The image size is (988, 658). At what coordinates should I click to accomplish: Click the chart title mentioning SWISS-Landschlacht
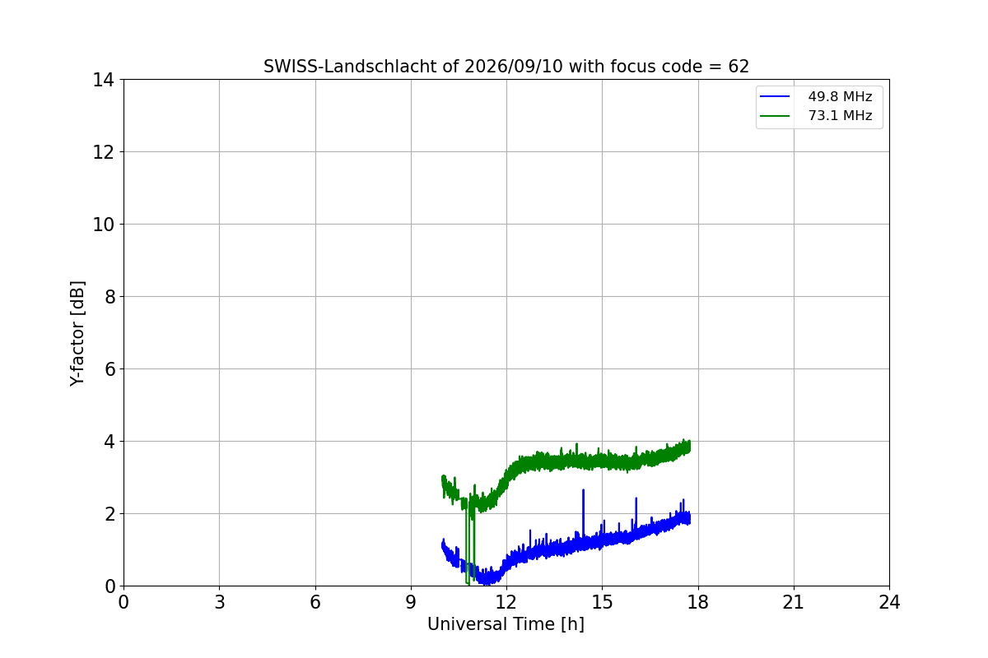coord(506,67)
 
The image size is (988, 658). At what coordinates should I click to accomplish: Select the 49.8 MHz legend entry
coord(816,96)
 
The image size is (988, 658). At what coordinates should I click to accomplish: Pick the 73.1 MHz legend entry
coord(816,115)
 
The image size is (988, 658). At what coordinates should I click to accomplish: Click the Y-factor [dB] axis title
coord(77,334)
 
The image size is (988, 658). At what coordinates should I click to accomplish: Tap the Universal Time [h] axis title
coord(506,624)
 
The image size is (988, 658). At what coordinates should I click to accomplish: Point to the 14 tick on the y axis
coord(103,81)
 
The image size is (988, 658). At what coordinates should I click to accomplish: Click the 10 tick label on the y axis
coord(103,225)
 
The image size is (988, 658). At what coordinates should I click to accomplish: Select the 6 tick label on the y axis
coord(110,369)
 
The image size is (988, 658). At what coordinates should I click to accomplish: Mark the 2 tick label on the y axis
coord(110,514)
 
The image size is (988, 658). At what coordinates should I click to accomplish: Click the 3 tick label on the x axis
coord(220,602)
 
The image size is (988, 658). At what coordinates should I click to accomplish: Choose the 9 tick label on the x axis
coord(411,602)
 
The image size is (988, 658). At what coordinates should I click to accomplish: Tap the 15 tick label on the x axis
coord(602,602)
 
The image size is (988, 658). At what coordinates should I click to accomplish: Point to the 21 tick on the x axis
coord(794,602)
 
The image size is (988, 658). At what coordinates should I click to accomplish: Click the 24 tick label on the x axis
coord(889,602)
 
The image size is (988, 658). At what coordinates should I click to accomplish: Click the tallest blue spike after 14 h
coord(583,489)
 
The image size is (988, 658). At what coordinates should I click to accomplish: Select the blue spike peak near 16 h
coord(636,498)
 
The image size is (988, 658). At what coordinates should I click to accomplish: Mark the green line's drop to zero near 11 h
coord(468,583)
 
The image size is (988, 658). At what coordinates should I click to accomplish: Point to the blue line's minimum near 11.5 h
coord(487,583)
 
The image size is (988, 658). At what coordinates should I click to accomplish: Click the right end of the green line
coord(690,447)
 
